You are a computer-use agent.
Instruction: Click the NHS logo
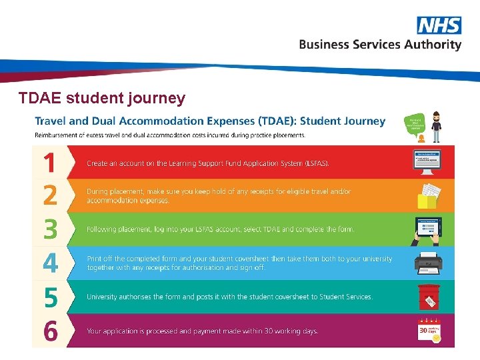point(439,25)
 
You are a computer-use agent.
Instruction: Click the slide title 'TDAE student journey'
point(102,99)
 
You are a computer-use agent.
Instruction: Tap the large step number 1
point(50,163)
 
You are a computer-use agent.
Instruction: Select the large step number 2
point(50,196)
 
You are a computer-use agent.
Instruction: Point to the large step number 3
point(50,230)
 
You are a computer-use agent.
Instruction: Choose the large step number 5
point(50,297)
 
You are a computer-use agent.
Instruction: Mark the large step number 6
point(50,331)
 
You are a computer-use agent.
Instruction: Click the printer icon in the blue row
point(427,264)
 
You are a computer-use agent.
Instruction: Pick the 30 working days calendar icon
point(429,331)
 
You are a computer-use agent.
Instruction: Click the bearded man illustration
point(436,127)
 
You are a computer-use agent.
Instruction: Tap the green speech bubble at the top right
point(414,123)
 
